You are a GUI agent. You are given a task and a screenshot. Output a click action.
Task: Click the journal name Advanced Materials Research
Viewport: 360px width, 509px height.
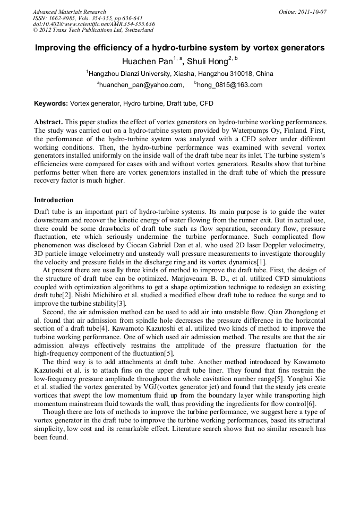(x=69, y=12)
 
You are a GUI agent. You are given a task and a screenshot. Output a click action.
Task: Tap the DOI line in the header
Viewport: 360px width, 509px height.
(x=93, y=24)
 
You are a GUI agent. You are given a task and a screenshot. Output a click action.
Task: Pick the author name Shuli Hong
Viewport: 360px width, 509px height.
(x=208, y=62)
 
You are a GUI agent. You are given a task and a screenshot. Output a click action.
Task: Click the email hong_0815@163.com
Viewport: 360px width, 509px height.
(x=230, y=85)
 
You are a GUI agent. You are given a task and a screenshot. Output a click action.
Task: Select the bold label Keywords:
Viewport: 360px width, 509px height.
(x=51, y=103)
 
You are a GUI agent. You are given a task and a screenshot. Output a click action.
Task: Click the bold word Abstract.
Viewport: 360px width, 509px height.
(x=49, y=122)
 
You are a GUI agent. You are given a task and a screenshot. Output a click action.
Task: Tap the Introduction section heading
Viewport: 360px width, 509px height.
(x=54, y=200)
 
